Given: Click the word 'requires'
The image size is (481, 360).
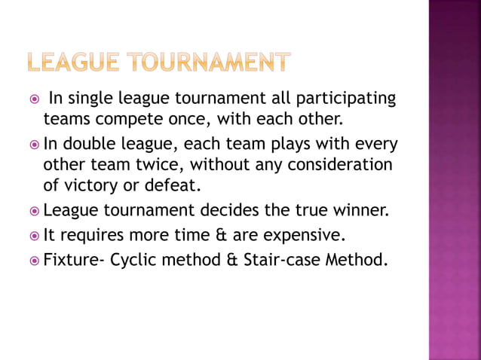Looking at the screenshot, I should pyautogui.click(x=87, y=237).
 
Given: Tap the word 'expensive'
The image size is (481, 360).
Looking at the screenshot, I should pyautogui.click(x=308, y=237).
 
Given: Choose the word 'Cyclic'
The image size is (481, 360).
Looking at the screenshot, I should pyautogui.click(x=135, y=262).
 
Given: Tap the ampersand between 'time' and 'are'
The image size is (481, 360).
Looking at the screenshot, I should pyautogui.click(x=208, y=237).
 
